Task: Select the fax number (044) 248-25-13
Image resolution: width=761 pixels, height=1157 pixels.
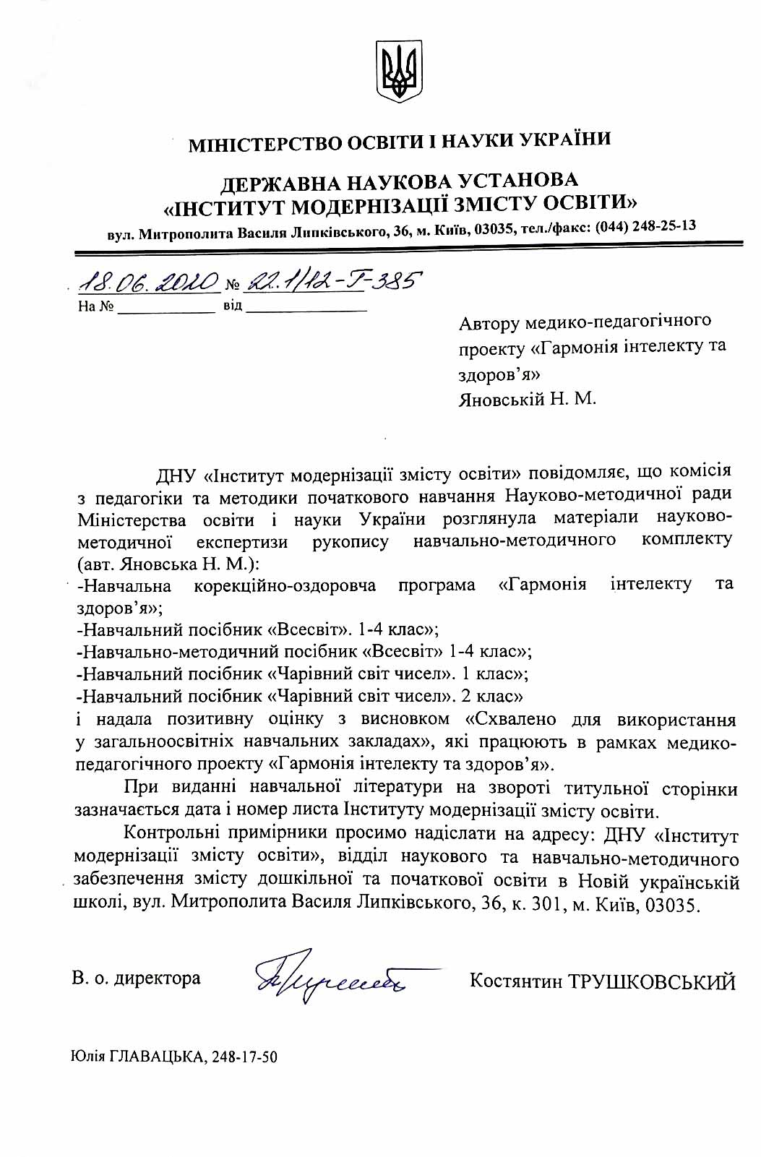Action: pyautogui.click(x=645, y=226)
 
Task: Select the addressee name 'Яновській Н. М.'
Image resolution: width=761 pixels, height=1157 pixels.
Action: pyautogui.click(x=528, y=398)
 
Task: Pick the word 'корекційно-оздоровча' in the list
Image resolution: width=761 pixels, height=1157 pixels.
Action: pyautogui.click(x=285, y=585)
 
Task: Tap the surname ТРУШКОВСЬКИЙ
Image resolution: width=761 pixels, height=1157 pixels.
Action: pyautogui.click(x=653, y=981)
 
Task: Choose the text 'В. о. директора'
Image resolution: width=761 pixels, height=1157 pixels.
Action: pyautogui.click(x=136, y=978)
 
